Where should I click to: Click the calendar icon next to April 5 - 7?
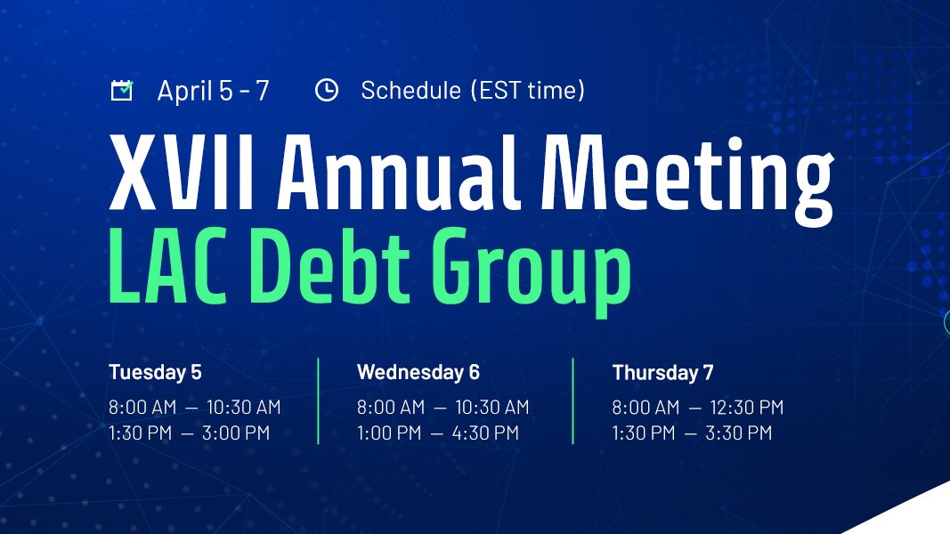click(121, 90)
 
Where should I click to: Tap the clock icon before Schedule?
click(327, 90)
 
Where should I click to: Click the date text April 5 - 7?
click(213, 90)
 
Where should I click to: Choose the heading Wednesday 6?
click(418, 372)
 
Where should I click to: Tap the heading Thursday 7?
click(662, 372)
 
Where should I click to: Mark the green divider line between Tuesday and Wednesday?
click(318, 400)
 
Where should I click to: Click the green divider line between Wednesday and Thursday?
click(572, 400)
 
